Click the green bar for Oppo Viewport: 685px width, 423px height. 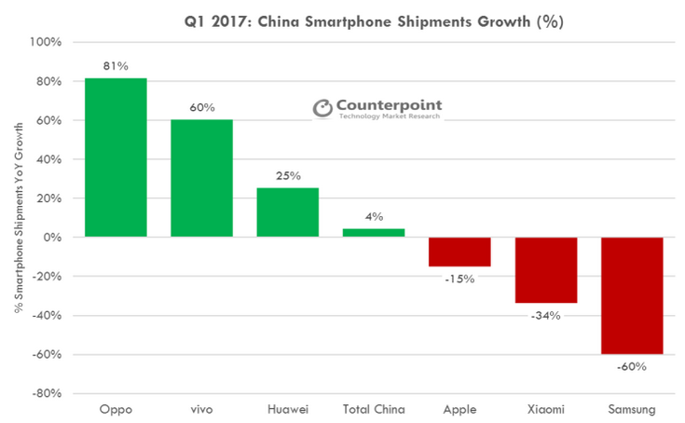point(116,157)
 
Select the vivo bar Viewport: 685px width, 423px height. point(201,178)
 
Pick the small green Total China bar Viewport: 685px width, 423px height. point(374,233)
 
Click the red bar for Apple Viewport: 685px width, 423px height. point(459,252)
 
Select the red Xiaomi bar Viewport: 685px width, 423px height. point(545,270)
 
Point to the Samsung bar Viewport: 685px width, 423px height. point(632,295)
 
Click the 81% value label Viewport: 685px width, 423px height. point(116,66)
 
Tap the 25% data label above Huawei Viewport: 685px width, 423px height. point(287,176)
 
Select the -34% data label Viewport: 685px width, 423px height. point(545,316)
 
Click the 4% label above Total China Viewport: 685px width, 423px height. point(374,217)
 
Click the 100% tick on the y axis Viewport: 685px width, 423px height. point(46,43)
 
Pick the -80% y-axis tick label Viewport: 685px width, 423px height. point(46,393)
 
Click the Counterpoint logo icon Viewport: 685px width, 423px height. point(322,109)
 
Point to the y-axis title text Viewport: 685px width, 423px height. point(20,218)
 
